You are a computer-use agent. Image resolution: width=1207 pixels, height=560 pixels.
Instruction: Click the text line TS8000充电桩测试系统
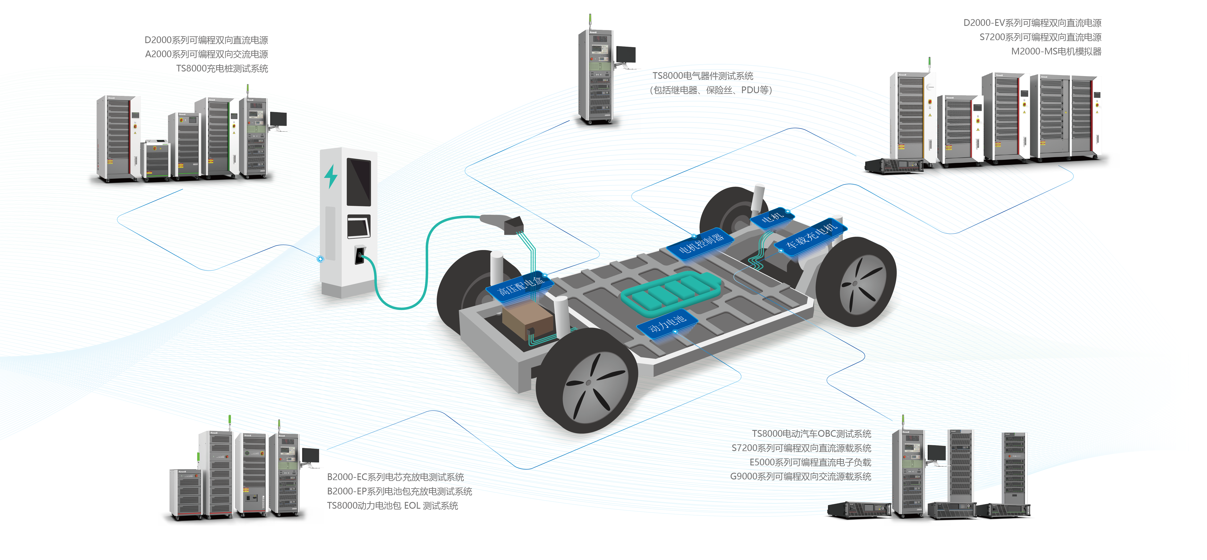coord(222,68)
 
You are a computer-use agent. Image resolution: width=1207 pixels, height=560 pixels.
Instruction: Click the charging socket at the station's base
coord(359,255)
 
